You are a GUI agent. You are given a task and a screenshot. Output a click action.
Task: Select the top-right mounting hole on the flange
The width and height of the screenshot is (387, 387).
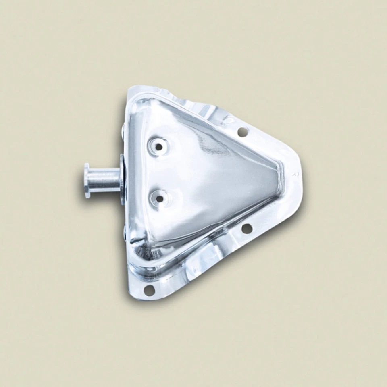tap(243, 131)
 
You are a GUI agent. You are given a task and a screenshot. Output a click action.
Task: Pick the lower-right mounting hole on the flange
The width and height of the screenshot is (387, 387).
tap(247, 229)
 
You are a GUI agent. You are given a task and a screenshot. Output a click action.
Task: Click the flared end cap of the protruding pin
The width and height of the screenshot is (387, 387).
tap(87, 180)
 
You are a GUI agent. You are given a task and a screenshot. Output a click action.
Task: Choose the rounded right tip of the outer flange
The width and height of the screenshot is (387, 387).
tap(300, 177)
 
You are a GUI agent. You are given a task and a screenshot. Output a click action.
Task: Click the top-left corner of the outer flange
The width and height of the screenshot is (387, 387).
tap(130, 88)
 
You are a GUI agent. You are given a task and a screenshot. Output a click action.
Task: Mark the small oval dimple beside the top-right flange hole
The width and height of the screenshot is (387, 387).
tap(229, 119)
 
